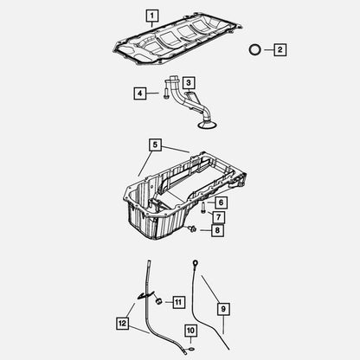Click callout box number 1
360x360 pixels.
152,16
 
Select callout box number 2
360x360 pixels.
280,49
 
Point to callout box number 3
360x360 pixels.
189,83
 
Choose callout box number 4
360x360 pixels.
140,93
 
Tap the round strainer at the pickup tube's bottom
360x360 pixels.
207,125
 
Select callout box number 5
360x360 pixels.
155,145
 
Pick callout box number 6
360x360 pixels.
221,202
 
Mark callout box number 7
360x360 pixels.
218,216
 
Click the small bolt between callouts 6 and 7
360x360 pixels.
202,208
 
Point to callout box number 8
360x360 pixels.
217,230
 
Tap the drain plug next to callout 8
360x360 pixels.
192,229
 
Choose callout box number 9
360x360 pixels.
223,309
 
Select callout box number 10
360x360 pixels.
190,331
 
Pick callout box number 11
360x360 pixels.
178,302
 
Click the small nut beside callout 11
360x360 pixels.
159,301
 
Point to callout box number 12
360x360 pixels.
122,323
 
